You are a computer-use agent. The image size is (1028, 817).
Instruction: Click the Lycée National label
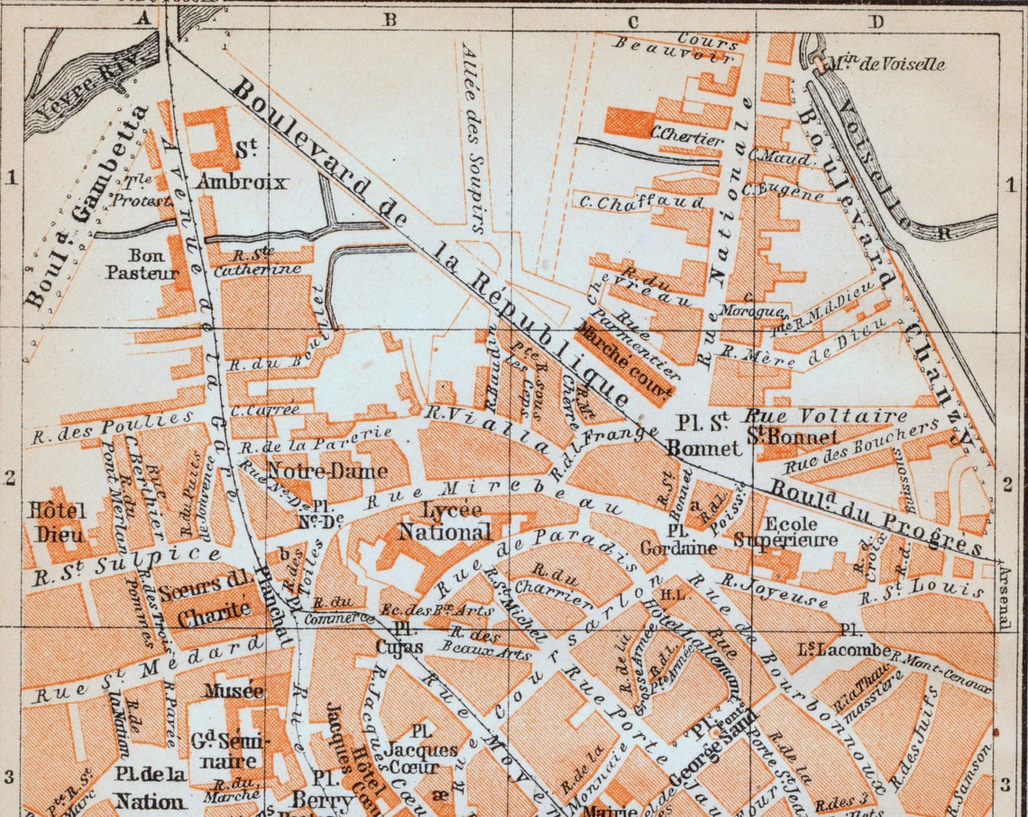pyautogui.click(x=457, y=522)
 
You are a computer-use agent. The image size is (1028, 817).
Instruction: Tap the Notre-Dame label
pyautogui.click(x=327, y=471)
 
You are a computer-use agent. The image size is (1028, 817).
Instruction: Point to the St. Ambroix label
pyautogui.click(x=242, y=167)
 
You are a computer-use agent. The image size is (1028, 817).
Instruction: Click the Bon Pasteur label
pyautogui.click(x=135, y=262)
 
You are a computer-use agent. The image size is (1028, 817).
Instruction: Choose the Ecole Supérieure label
pyautogui.click(x=786, y=532)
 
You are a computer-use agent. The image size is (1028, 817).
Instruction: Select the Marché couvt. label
pyautogui.click(x=626, y=358)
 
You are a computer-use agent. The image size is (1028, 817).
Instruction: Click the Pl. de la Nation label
pyautogui.click(x=150, y=787)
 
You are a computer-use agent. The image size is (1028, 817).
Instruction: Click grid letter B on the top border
pyautogui.click(x=390, y=19)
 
